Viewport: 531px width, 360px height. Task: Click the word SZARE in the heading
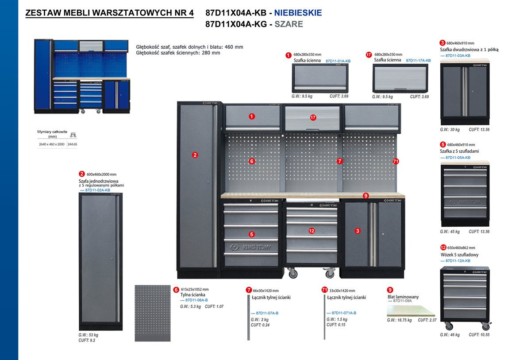(x=289, y=24)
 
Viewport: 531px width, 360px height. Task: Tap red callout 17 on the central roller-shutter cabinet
(x=313, y=118)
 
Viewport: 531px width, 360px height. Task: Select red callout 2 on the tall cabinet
(x=195, y=155)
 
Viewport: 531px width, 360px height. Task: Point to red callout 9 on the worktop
(x=366, y=195)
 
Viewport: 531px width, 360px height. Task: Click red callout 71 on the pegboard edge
(x=396, y=162)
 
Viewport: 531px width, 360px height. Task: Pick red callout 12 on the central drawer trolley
(x=312, y=231)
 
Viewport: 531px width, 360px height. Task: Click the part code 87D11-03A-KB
(x=455, y=56)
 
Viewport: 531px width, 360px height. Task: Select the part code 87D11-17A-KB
(x=418, y=60)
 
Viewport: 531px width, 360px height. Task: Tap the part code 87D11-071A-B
(x=341, y=313)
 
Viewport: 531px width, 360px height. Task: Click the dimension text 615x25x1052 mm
(x=195, y=289)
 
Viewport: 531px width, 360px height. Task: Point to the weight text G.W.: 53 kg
(x=88, y=335)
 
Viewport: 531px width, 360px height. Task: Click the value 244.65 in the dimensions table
(x=72, y=144)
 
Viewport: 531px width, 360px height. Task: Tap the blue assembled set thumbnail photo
(x=82, y=76)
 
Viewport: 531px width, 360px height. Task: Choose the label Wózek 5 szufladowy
(x=459, y=255)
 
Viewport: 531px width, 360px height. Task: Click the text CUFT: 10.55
(x=479, y=335)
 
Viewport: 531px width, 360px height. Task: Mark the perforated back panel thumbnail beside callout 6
(x=153, y=313)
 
